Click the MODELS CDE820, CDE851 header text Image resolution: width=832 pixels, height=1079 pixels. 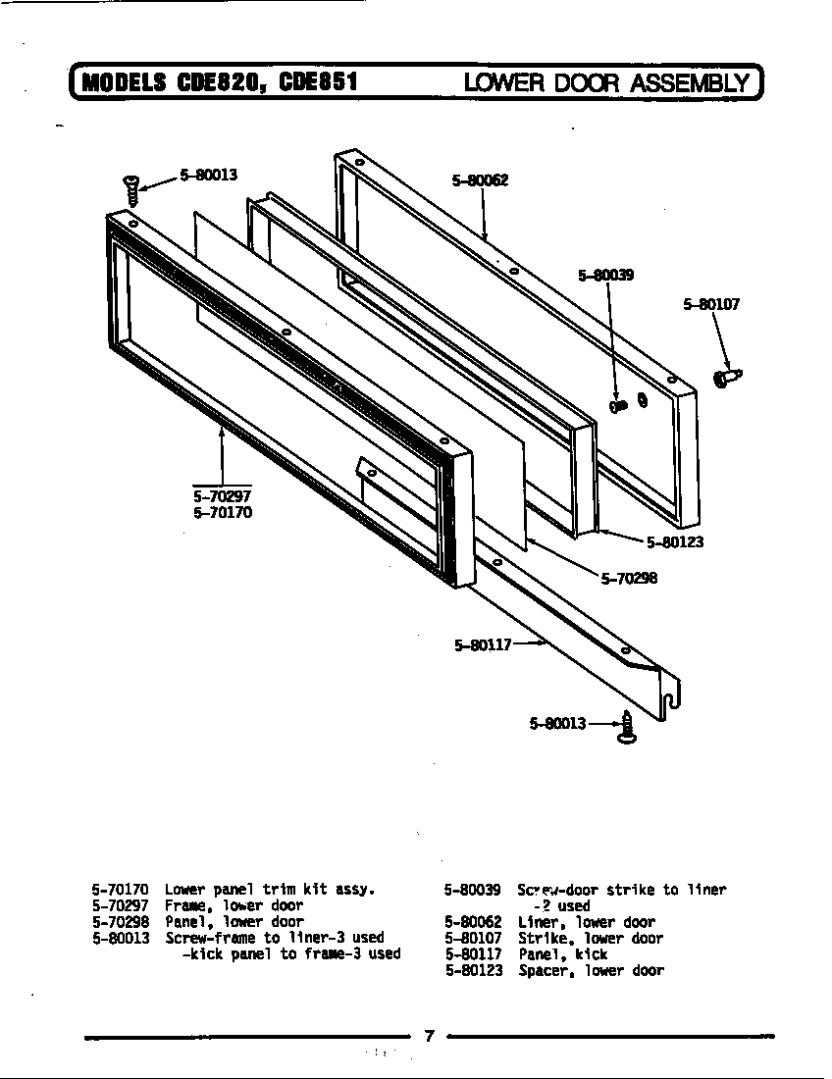tap(217, 82)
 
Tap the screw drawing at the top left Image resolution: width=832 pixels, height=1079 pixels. tap(130, 187)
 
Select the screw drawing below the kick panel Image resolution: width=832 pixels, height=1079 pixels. tap(624, 727)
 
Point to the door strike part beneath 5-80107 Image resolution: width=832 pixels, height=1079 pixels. tap(727, 378)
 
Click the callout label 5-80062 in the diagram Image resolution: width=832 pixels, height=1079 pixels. tap(480, 180)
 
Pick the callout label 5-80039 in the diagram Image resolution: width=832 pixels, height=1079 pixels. tap(605, 276)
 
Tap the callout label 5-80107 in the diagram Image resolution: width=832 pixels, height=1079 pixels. tap(711, 305)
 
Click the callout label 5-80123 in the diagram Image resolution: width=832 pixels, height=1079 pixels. tap(675, 541)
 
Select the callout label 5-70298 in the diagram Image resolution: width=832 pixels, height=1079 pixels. tap(629, 578)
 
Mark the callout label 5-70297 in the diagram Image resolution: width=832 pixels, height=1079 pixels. tap(223, 496)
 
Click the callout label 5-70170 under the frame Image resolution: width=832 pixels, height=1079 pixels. tap(223, 512)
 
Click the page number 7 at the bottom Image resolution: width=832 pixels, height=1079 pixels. tap(429, 1036)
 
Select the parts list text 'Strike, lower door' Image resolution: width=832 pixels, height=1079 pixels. tap(590, 939)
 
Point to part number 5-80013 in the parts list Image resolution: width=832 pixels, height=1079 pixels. tap(121, 939)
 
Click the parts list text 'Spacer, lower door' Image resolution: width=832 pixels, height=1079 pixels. tap(591, 971)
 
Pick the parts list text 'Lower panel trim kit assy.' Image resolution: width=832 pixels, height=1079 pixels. tap(270, 890)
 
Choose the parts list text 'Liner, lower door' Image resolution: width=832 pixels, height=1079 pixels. tap(586, 922)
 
